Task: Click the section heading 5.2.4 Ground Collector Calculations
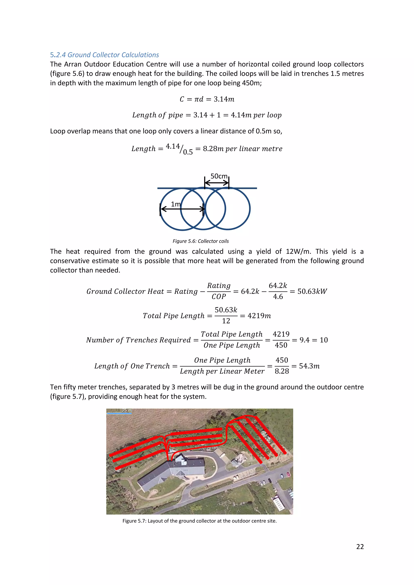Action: [104, 55]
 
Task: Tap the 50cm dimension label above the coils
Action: [219, 176]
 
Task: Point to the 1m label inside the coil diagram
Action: [175, 204]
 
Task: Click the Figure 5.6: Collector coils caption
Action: [201, 241]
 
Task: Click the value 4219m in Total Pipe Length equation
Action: [259, 316]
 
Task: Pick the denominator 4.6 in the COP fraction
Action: [278, 297]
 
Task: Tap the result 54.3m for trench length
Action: [309, 366]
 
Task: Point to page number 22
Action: [360, 547]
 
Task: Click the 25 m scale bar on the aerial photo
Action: [119, 411]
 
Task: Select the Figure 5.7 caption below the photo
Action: [199, 521]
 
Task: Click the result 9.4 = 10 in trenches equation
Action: [313, 340]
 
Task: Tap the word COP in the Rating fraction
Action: [219, 297]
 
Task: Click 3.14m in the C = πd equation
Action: [224, 99]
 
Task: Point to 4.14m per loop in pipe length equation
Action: [256, 115]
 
